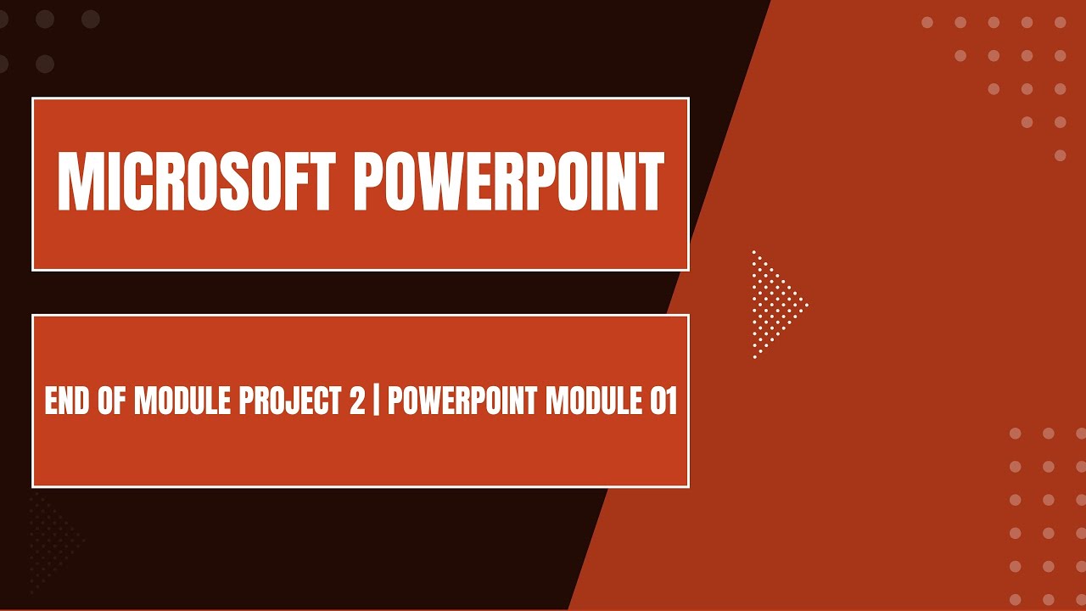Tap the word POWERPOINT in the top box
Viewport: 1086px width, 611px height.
(x=507, y=183)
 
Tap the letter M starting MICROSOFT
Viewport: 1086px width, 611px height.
(x=75, y=183)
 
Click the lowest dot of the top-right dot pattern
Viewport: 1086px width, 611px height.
(x=1060, y=155)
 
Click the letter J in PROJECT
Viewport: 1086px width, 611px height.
(x=294, y=401)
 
